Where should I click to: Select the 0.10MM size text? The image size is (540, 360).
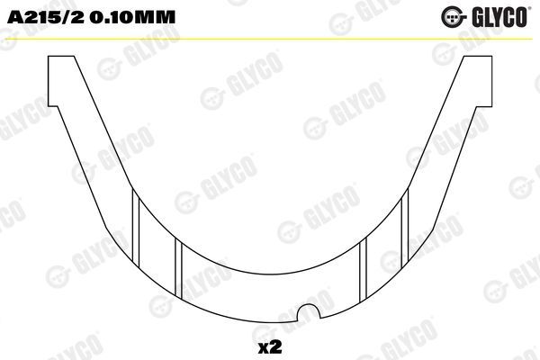116,17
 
